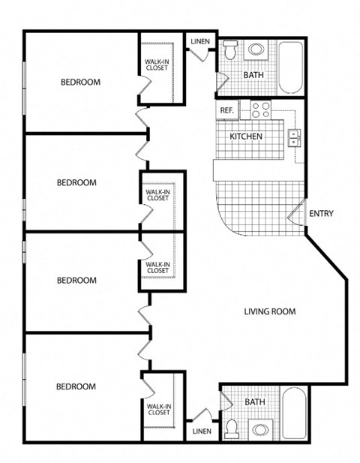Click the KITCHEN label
[x=245, y=137]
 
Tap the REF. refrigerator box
[x=227, y=111]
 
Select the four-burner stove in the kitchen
[x=259, y=110]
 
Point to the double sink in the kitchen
[x=295, y=137]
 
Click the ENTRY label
[x=321, y=214]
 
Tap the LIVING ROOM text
[x=270, y=311]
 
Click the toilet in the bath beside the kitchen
[x=230, y=52]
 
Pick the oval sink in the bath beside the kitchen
[x=256, y=50]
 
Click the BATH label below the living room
[x=255, y=402]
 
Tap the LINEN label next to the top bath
[x=200, y=42]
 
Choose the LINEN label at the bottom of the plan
[x=202, y=431]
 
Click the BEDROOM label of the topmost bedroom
[x=80, y=83]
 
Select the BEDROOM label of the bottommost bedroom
[x=76, y=386]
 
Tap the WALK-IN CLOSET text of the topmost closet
[x=157, y=64]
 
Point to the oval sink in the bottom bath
[x=260, y=431]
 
